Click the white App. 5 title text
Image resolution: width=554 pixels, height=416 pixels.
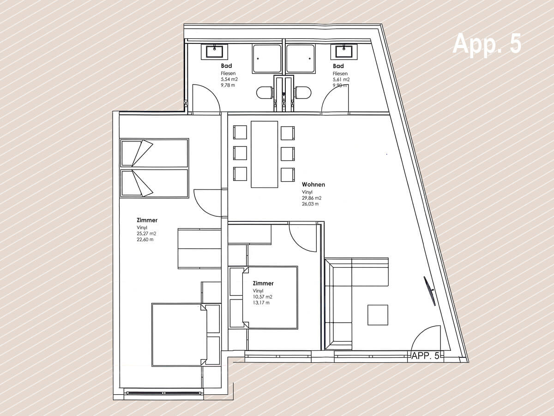tap(487, 43)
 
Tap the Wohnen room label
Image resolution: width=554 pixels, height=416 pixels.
tap(313, 184)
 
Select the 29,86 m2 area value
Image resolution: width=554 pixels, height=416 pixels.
tap(312, 198)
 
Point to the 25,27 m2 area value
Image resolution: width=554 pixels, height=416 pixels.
tap(146, 233)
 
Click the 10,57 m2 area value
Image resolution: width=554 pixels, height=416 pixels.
tap(263, 297)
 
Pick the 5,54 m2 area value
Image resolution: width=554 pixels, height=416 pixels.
tap(229, 80)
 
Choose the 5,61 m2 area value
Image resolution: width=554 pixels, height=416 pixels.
tap(341, 80)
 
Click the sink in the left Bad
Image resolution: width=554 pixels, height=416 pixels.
tap(215, 52)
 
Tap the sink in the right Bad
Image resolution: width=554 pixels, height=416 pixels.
tap(344, 52)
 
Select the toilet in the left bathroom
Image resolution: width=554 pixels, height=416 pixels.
tap(265, 93)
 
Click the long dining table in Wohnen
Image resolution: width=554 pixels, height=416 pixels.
tap(264, 154)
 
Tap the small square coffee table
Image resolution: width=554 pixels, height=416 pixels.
tap(378, 315)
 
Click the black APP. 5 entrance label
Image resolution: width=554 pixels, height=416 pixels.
tap(426, 356)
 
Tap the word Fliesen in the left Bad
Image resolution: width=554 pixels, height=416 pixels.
tap(228, 73)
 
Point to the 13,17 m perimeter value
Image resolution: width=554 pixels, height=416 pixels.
tap(261, 303)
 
